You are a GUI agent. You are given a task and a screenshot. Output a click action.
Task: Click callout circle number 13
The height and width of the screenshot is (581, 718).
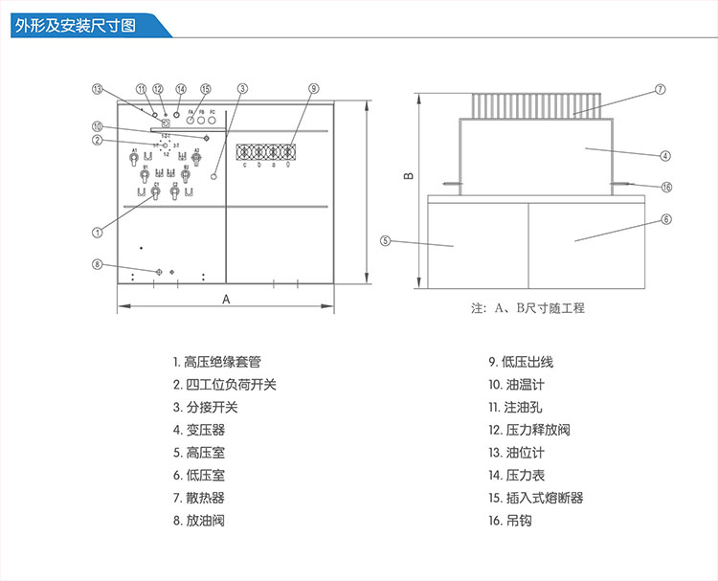tap(97, 88)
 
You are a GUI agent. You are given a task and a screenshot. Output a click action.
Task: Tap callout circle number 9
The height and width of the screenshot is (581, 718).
tap(313, 88)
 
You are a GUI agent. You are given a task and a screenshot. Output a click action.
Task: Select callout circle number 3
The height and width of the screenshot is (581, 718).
tap(243, 88)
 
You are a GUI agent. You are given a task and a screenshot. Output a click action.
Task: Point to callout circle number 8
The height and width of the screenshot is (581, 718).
tap(97, 263)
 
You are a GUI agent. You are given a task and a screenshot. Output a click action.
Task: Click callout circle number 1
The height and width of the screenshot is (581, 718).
tap(97, 231)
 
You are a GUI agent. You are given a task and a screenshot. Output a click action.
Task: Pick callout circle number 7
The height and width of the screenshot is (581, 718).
tap(661, 89)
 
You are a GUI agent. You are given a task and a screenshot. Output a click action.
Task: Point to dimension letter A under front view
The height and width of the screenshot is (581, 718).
tap(226, 299)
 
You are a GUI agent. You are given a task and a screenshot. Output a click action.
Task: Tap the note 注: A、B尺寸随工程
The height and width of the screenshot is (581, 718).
tap(527, 308)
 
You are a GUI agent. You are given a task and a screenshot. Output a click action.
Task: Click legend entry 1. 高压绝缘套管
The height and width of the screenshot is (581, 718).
tap(216, 362)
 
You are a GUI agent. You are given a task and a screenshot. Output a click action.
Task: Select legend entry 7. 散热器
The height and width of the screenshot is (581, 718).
tap(199, 498)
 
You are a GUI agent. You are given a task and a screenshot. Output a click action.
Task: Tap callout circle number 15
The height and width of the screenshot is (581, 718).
tap(205, 88)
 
